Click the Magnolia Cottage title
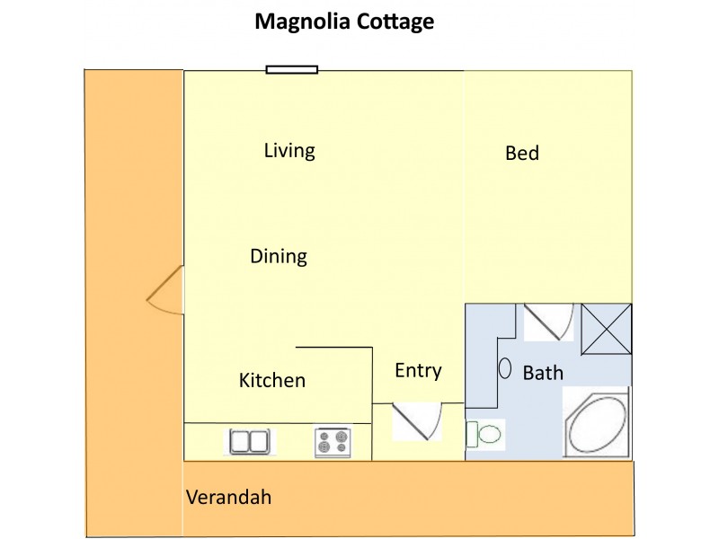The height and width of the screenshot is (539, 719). [344, 22]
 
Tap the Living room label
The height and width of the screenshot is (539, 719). [289, 150]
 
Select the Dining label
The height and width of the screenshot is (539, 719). [279, 257]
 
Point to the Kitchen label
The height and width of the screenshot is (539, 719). [272, 381]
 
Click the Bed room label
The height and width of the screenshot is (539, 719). [522, 154]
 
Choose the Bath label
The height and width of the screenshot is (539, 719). [543, 373]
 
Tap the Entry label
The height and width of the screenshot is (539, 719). [418, 371]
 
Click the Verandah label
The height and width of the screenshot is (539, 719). [228, 498]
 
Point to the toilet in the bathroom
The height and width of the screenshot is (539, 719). [486, 435]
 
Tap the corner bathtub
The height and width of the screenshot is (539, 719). [597, 425]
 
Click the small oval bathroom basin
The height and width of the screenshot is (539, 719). [505, 368]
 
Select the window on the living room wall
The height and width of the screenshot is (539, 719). [292, 69]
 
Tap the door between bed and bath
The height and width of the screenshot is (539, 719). [547, 321]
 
